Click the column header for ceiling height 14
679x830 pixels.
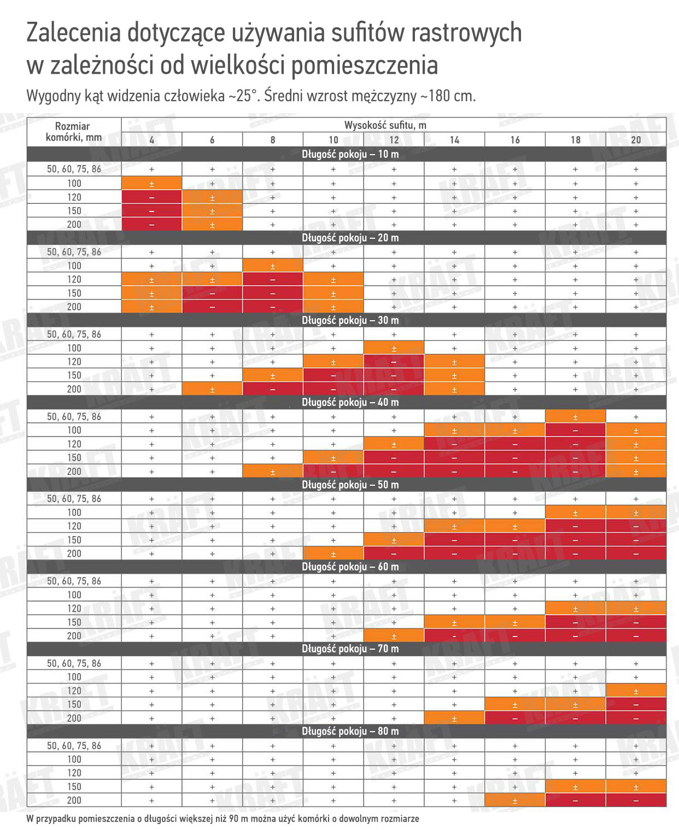click(x=454, y=140)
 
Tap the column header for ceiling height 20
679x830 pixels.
click(x=636, y=140)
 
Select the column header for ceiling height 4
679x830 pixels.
click(x=151, y=140)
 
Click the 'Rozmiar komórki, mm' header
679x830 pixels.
click(x=74, y=132)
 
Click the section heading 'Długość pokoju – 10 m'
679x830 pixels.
click(x=350, y=154)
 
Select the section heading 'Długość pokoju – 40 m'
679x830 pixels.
click(x=350, y=402)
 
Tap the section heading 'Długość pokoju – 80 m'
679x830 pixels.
click(x=350, y=731)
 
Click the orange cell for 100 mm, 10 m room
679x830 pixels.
click(x=151, y=183)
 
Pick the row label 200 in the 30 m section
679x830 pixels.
click(x=74, y=389)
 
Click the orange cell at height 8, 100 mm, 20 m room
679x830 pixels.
click(x=273, y=266)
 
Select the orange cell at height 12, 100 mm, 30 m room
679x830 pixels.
click(x=394, y=348)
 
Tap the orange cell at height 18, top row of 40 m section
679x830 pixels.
click(x=575, y=416)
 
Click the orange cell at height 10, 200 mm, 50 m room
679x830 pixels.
click(x=333, y=554)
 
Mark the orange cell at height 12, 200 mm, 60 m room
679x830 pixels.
click(x=394, y=636)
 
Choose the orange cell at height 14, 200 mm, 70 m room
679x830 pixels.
click(x=454, y=718)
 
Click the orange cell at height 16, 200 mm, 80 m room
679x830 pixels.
click(x=514, y=800)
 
